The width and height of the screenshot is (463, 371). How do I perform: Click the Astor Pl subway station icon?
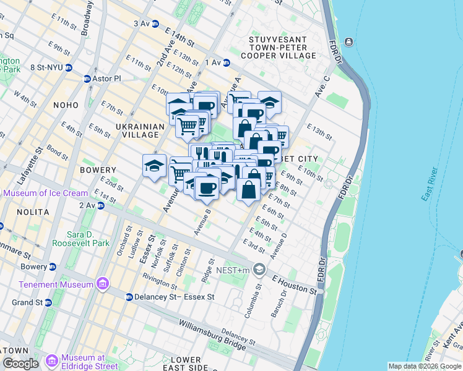tap(87, 79)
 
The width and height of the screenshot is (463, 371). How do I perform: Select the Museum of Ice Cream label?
tap(45, 193)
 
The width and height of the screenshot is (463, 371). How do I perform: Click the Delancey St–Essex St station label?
tap(175, 297)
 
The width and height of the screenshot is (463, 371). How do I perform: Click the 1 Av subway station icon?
tap(227, 62)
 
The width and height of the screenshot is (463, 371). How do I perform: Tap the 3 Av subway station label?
tap(142, 23)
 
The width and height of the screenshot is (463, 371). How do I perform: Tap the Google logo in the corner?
tap(20, 364)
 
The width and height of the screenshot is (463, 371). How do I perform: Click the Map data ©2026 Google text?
tap(425, 366)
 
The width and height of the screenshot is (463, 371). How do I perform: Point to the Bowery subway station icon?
tap(53, 267)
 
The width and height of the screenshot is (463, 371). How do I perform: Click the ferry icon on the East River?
tap(349, 42)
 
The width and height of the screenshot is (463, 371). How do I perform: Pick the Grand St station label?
tap(25, 303)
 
